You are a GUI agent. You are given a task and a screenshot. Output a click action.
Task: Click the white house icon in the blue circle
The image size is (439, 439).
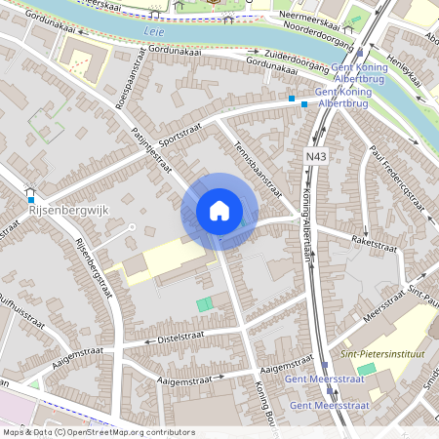coord(219,210)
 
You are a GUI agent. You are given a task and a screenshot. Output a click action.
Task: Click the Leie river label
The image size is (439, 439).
coord(153,31)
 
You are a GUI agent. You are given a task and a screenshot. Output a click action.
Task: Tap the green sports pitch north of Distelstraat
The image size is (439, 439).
coord(204,304)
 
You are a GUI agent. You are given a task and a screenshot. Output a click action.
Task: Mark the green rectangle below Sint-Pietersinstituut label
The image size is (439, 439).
coord(366,369)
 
